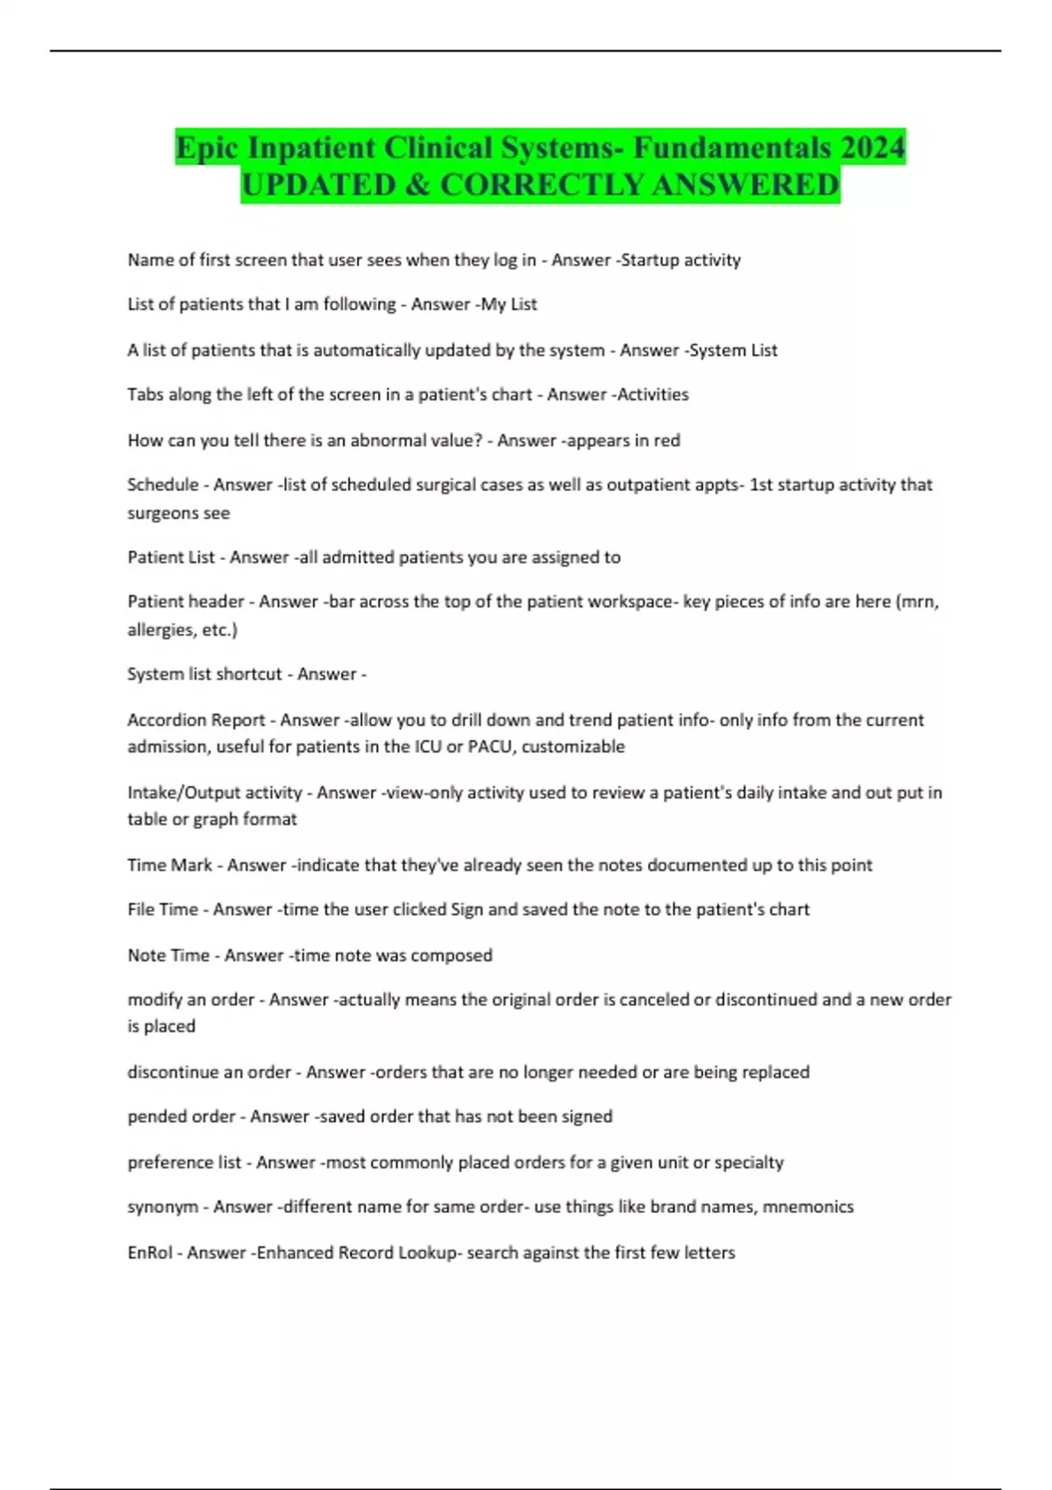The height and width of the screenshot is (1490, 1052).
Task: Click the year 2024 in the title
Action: click(871, 147)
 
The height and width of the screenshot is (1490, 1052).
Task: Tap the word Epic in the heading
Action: click(208, 147)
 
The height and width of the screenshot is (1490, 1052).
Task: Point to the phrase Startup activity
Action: click(681, 260)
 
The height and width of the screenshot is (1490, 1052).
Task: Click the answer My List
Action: click(509, 305)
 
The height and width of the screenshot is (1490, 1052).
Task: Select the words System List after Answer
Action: click(734, 351)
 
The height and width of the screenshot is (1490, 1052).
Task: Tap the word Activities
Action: click(654, 395)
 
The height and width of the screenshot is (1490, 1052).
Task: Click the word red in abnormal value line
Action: click(667, 441)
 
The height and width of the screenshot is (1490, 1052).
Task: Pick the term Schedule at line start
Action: click(163, 485)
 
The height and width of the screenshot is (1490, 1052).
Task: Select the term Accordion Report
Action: click(196, 720)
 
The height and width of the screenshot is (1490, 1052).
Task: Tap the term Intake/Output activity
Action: click(215, 793)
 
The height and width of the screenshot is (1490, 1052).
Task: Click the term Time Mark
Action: click(170, 866)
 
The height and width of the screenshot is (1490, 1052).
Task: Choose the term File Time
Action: click(163, 910)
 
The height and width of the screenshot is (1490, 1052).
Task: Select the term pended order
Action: click(181, 1117)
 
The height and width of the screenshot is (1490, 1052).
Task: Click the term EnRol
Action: click(150, 1253)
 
